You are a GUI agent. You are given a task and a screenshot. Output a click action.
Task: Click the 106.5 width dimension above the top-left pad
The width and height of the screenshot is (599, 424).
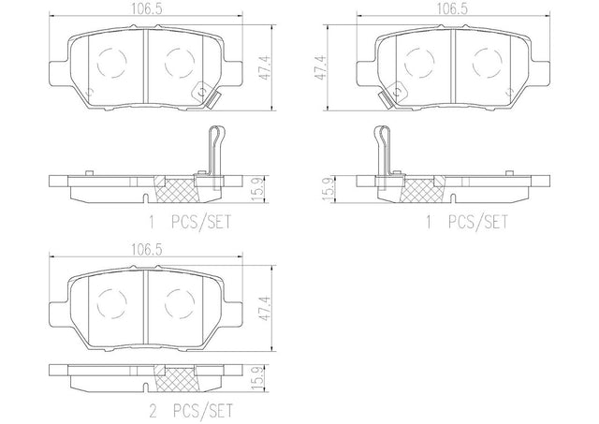point(147,8)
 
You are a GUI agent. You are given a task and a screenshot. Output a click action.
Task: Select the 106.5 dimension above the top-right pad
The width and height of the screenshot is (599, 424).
point(452,8)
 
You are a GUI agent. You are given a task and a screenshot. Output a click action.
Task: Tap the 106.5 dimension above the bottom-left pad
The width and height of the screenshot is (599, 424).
point(147,250)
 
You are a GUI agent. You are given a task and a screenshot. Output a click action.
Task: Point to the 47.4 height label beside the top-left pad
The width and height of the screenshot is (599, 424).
point(265,67)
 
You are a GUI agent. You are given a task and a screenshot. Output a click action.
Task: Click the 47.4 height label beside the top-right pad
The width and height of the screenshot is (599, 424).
point(319,67)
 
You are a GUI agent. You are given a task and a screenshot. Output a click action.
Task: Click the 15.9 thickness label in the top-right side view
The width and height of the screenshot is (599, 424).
point(328,189)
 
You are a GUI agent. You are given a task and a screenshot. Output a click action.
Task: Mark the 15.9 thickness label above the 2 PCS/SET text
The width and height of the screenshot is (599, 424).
point(258,377)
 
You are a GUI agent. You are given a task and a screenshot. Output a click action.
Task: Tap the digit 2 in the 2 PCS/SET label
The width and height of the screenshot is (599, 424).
point(153,411)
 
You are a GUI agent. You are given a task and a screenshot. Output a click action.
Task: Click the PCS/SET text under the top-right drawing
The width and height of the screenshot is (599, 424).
point(478,222)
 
